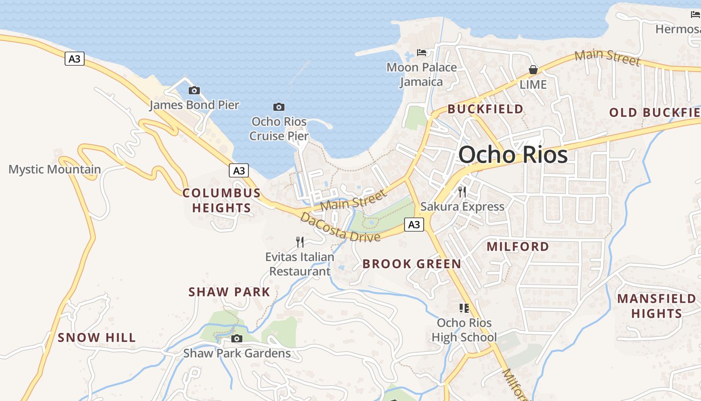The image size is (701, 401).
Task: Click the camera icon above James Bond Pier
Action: click(x=194, y=91)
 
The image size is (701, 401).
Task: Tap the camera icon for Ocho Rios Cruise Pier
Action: click(x=279, y=107)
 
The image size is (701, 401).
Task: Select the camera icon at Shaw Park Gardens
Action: click(x=237, y=339)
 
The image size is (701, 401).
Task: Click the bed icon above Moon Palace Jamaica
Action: click(x=422, y=52)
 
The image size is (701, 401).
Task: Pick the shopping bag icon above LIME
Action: click(x=533, y=70)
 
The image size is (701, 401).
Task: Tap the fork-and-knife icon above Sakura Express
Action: click(x=462, y=191)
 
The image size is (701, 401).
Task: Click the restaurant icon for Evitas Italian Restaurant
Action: click(x=300, y=242)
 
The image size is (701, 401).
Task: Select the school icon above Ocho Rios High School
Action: click(x=464, y=308)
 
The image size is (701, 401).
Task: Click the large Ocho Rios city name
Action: click(x=513, y=154)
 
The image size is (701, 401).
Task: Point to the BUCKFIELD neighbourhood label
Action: click(x=485, y=109)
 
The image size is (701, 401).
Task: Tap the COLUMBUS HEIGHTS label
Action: click(x=222, y=200)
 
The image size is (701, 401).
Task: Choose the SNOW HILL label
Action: click(x=97, y=337)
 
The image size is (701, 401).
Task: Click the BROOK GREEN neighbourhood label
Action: click(x=412, y=264)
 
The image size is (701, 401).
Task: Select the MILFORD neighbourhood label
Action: click(x=518, y=246)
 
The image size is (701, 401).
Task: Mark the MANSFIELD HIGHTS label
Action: click(x=656, y=306)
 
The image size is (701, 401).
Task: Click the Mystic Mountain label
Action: click(x=55, y=169)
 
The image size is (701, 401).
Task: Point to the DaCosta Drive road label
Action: click(x=340, y=228)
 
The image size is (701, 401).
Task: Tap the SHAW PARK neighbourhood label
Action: click(x=229, y=292)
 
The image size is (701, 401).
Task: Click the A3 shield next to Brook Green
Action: click(x=414, y=225)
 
